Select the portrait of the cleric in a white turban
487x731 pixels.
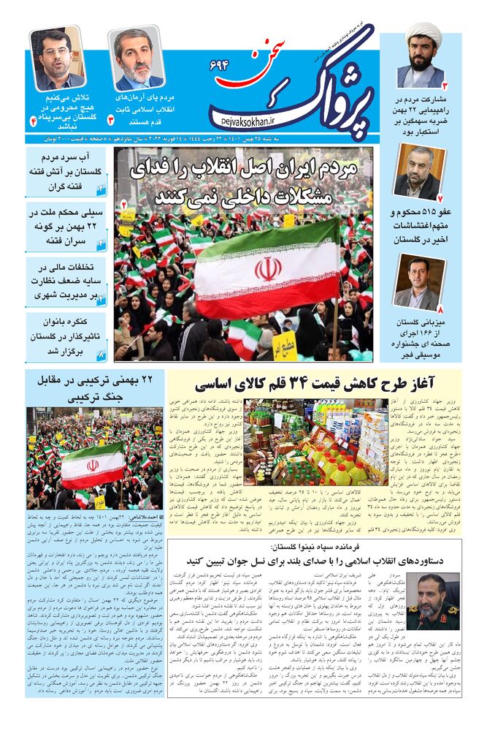click(421, 56)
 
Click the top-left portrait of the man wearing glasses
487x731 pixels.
click(57, 58)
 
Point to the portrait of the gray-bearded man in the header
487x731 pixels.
click(135, 58)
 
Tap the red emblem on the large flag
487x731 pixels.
click(267, 269)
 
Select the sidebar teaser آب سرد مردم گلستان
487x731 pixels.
click(66, 172)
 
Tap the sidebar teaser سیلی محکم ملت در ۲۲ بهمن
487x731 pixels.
click(66, 227)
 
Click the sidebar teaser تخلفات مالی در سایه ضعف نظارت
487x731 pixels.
click(66, 281)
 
